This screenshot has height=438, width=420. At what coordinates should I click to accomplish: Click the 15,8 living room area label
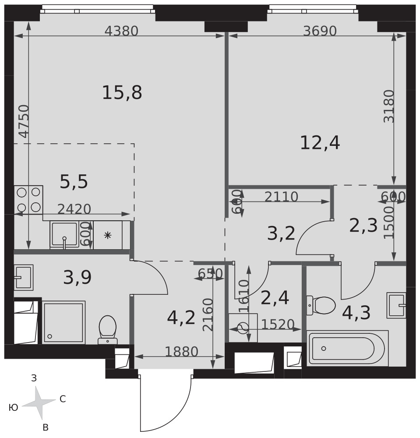point(122,92)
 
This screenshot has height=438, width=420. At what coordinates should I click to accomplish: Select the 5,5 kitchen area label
point(74,182)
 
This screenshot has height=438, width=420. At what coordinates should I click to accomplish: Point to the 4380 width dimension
point(121,31)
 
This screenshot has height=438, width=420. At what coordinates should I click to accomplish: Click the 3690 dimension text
point(320,31)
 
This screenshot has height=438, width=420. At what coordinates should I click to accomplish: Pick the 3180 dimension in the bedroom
point(389,106)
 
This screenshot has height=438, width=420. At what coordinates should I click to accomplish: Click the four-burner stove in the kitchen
point(28,200)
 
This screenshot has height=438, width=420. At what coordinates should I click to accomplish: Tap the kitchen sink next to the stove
point(64,235)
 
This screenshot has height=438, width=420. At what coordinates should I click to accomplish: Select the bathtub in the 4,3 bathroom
point(347,348)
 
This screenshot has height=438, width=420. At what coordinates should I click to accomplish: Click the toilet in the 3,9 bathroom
point(107,330)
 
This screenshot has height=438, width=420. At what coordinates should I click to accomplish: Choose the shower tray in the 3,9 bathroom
point(64,323)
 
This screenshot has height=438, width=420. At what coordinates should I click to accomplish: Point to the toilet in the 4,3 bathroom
point(321,305)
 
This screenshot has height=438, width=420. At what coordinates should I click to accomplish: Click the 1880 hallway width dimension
point(181,351)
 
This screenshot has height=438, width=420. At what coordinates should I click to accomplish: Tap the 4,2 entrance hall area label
point(181,318)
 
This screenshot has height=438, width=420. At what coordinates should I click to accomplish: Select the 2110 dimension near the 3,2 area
point(282,197)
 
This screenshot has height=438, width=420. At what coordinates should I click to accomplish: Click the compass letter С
point(63,399)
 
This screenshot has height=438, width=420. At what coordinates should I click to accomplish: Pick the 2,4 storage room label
point(275,298)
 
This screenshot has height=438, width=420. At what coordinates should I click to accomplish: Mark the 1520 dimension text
point(278,324)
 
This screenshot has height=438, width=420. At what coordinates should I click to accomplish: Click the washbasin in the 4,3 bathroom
point(396,305)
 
